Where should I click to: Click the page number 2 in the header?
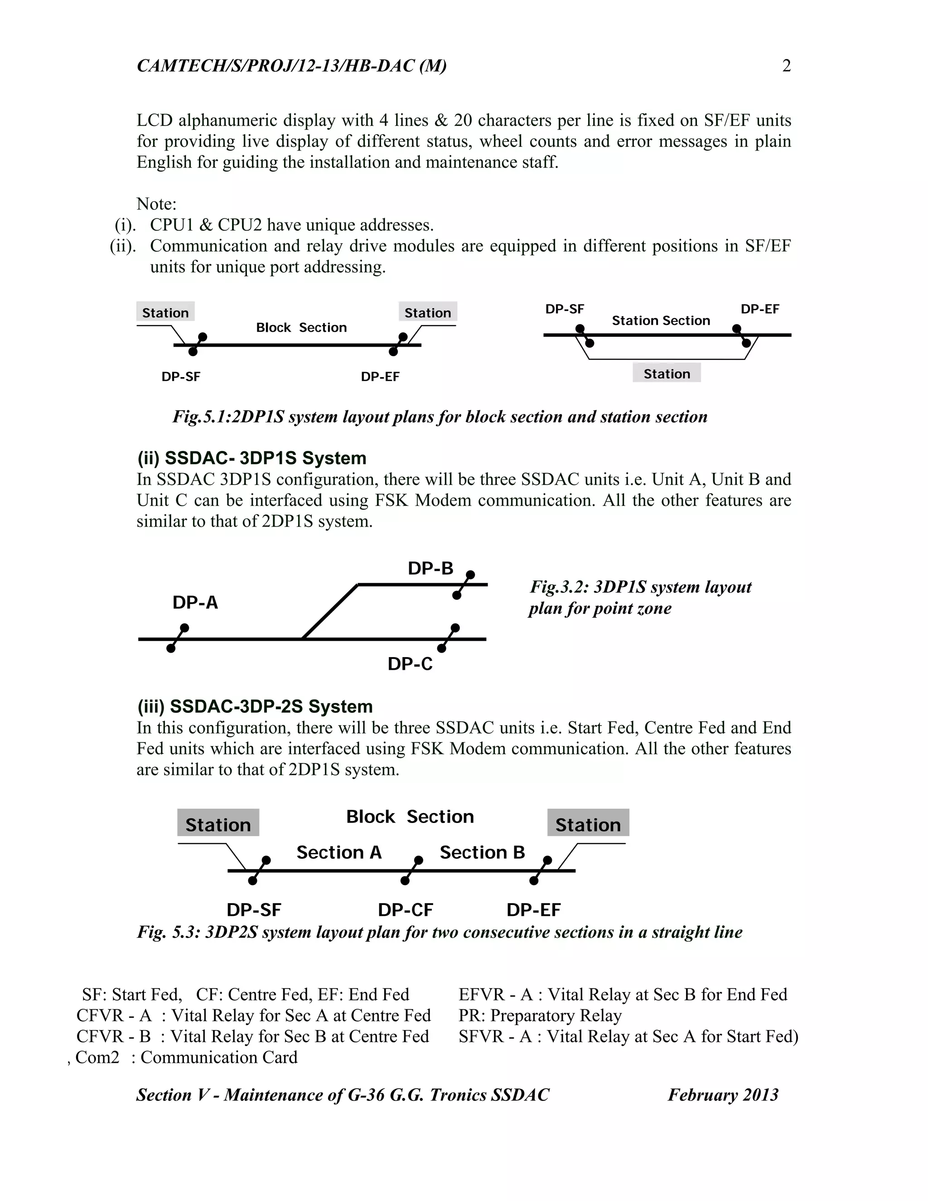pos(786,66)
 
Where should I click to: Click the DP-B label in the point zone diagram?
pos(430,568)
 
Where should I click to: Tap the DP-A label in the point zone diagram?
pos(195,603)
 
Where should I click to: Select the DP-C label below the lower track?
pos(410,664)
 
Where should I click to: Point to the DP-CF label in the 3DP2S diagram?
pos(405,910)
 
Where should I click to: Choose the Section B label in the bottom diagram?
pos(482,852)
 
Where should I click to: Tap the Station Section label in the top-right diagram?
pos(661,320)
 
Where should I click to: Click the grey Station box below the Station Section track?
pos(666,374)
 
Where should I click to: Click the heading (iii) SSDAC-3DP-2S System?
pos(255,706)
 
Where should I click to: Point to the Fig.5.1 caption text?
pos(440,417)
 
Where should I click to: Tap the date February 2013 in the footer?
pos(723,1095)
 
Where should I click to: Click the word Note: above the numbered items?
pos(156,204)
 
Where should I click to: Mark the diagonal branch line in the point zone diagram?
pos(330,611)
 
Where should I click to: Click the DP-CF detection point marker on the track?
pos(412,871)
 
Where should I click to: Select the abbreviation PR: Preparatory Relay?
pos(540,1015)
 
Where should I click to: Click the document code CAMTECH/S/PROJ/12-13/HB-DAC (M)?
pos(291,66)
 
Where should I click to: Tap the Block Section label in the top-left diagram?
pos(301,328)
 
